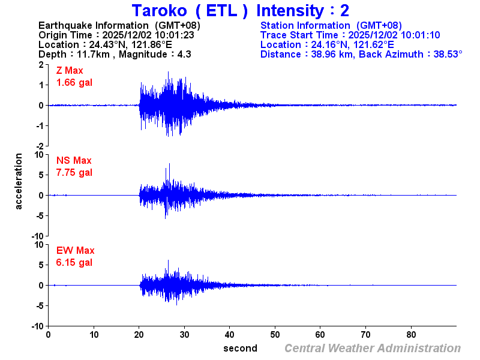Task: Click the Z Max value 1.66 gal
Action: tap(74, 82)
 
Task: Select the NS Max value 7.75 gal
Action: tap(74, 172)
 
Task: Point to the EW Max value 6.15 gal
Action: tap(74, 262)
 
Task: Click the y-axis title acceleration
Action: tap(19, 181)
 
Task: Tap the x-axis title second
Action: tap(240, 348)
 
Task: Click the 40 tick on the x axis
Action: tap(230, 334)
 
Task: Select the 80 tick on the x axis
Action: tap(412, 334)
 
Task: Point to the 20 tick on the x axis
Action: tap(139, 334)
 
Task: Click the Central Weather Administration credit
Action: tap(373, 348)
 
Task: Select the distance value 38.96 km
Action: tap(328, 54)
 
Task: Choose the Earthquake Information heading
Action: tap(94, 25)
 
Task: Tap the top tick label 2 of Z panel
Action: tap(41, 64)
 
